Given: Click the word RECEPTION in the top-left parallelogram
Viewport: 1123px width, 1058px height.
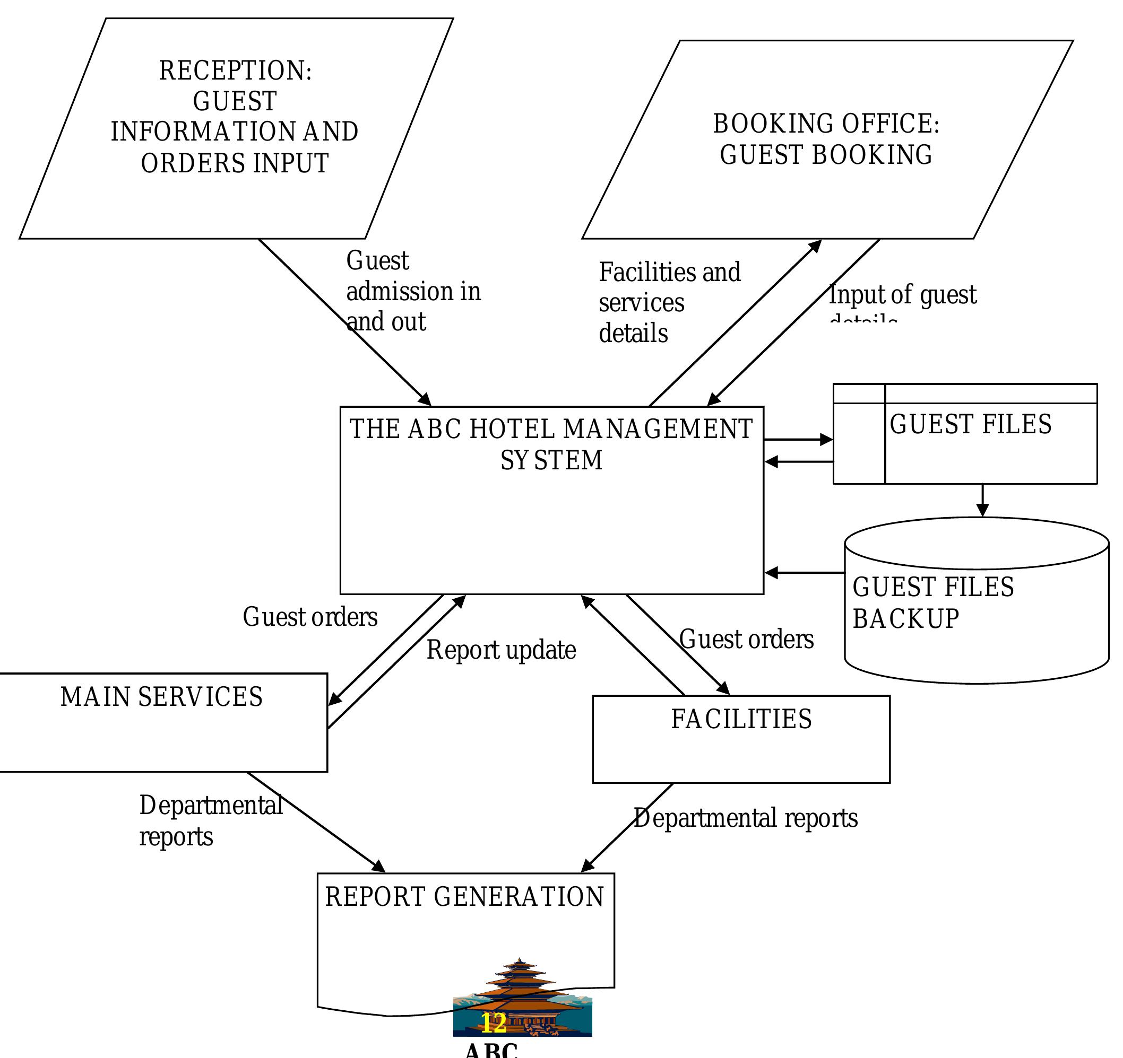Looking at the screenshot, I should tap(235, 71).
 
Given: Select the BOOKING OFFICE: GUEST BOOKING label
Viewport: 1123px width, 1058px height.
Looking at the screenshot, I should tap(825, 139).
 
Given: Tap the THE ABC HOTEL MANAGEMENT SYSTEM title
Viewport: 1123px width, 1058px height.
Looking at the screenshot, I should tap(551, 444).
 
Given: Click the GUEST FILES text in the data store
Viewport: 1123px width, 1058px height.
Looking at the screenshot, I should tap(970, 425).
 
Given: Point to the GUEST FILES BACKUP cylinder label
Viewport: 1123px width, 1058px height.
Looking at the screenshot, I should tap(932, 603).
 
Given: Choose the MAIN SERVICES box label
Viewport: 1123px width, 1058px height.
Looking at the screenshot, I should tap(161, 697).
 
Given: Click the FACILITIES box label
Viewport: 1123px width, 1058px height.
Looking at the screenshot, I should tap(741, 719).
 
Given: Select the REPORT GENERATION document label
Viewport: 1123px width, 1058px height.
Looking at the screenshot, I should tap(464, 897).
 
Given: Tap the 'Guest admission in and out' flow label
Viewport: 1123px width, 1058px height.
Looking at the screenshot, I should tap(412, 291).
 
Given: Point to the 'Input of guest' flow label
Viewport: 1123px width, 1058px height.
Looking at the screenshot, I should tap(902, 295).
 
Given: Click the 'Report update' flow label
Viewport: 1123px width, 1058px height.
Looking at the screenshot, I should tap(501, 650).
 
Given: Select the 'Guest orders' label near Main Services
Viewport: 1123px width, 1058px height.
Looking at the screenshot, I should tap(310, 617).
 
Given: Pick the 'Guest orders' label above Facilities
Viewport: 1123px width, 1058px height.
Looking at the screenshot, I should tap(746, 640).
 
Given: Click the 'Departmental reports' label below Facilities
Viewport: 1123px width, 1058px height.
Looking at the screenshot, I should tap(745, 819).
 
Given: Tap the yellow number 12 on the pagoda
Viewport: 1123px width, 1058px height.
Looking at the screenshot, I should tap(493, 1022).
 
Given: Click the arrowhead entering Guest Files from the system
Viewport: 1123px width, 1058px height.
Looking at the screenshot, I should tap(826, 439).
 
